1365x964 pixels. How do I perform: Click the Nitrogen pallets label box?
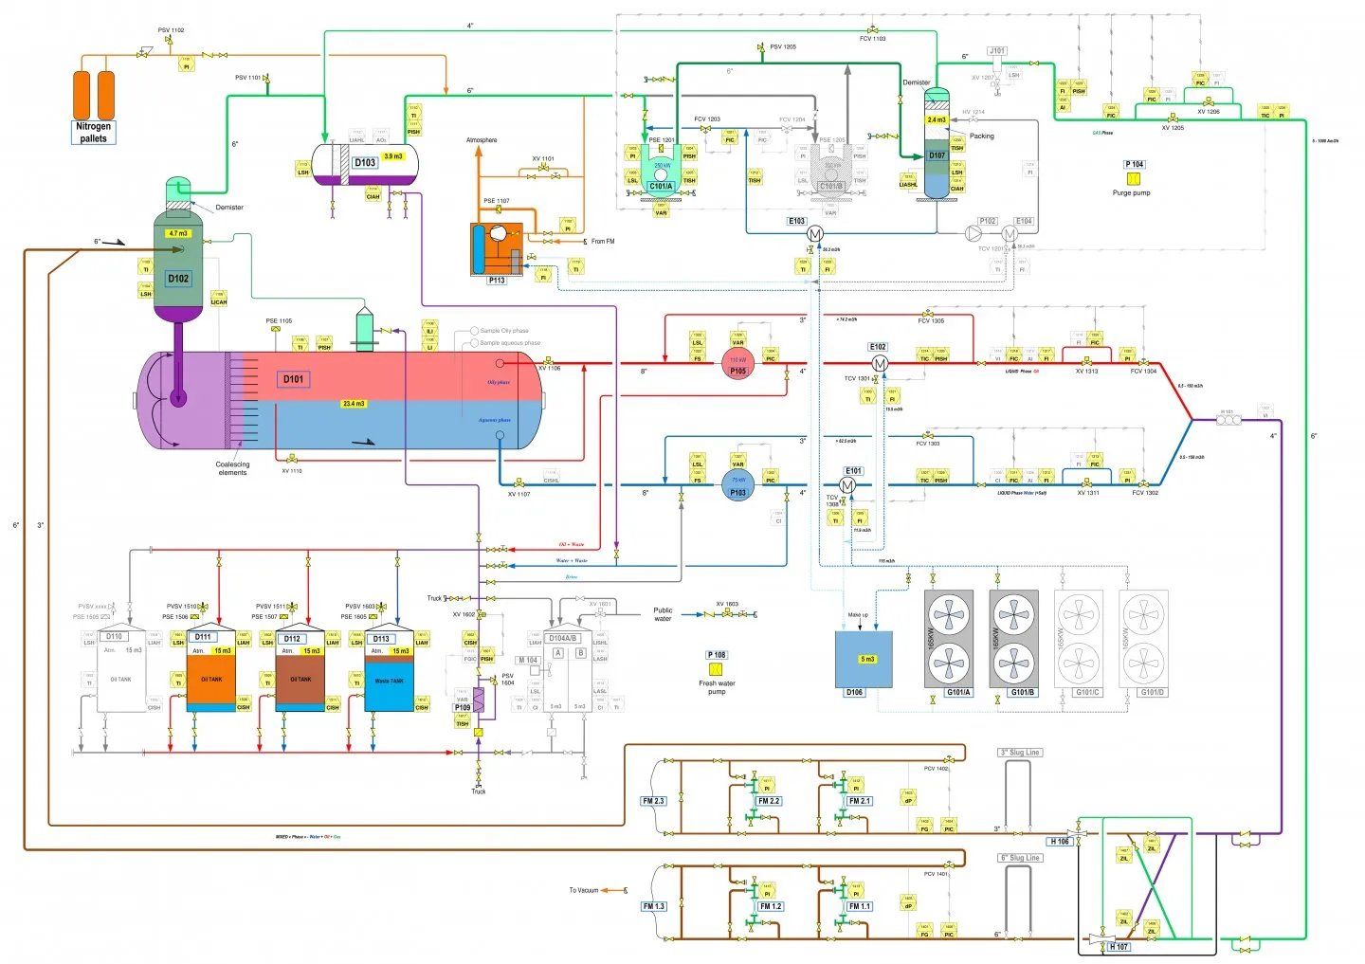point(93,133)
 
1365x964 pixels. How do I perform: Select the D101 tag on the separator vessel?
point(294,379)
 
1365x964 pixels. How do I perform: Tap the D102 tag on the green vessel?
point(178,279)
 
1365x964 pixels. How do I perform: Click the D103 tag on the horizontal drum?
point(365,162)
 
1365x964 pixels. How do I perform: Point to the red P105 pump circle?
point(737,365)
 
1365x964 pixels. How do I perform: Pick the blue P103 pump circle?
point(737,486)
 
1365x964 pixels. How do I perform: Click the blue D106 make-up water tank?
point(863,660)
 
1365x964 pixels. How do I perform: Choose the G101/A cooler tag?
point(958,692)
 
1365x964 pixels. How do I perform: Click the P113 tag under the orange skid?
point(497,281)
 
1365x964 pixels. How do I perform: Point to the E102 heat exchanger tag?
point(878,347)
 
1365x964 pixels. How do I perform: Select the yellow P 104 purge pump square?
point(1133,178)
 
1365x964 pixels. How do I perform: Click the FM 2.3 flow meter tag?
point(653,801)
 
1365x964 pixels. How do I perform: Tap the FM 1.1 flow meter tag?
point(859,906)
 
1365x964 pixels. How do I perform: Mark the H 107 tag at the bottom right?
point(1119,946)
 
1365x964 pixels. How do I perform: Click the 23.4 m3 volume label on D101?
point(354,404)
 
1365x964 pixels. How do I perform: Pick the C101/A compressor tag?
point(661,186)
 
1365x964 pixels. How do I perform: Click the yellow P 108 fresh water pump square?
point(716,669)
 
